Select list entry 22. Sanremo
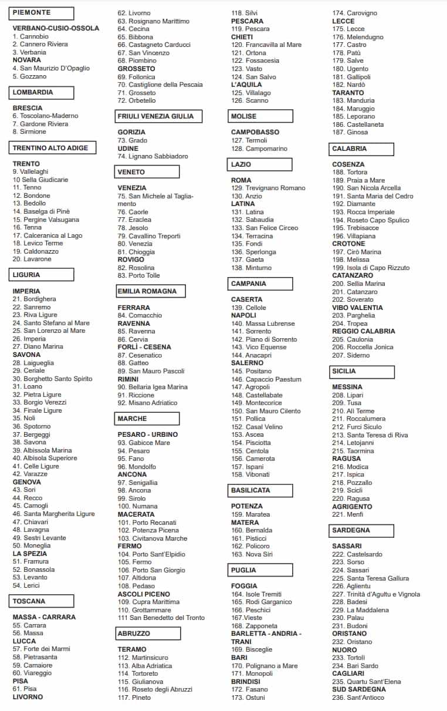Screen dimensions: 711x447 click(32, 307)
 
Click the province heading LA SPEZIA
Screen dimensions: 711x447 click(30, 554)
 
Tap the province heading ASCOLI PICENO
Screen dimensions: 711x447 click(144, 594)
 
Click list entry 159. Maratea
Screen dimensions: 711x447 click(250, 514)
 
